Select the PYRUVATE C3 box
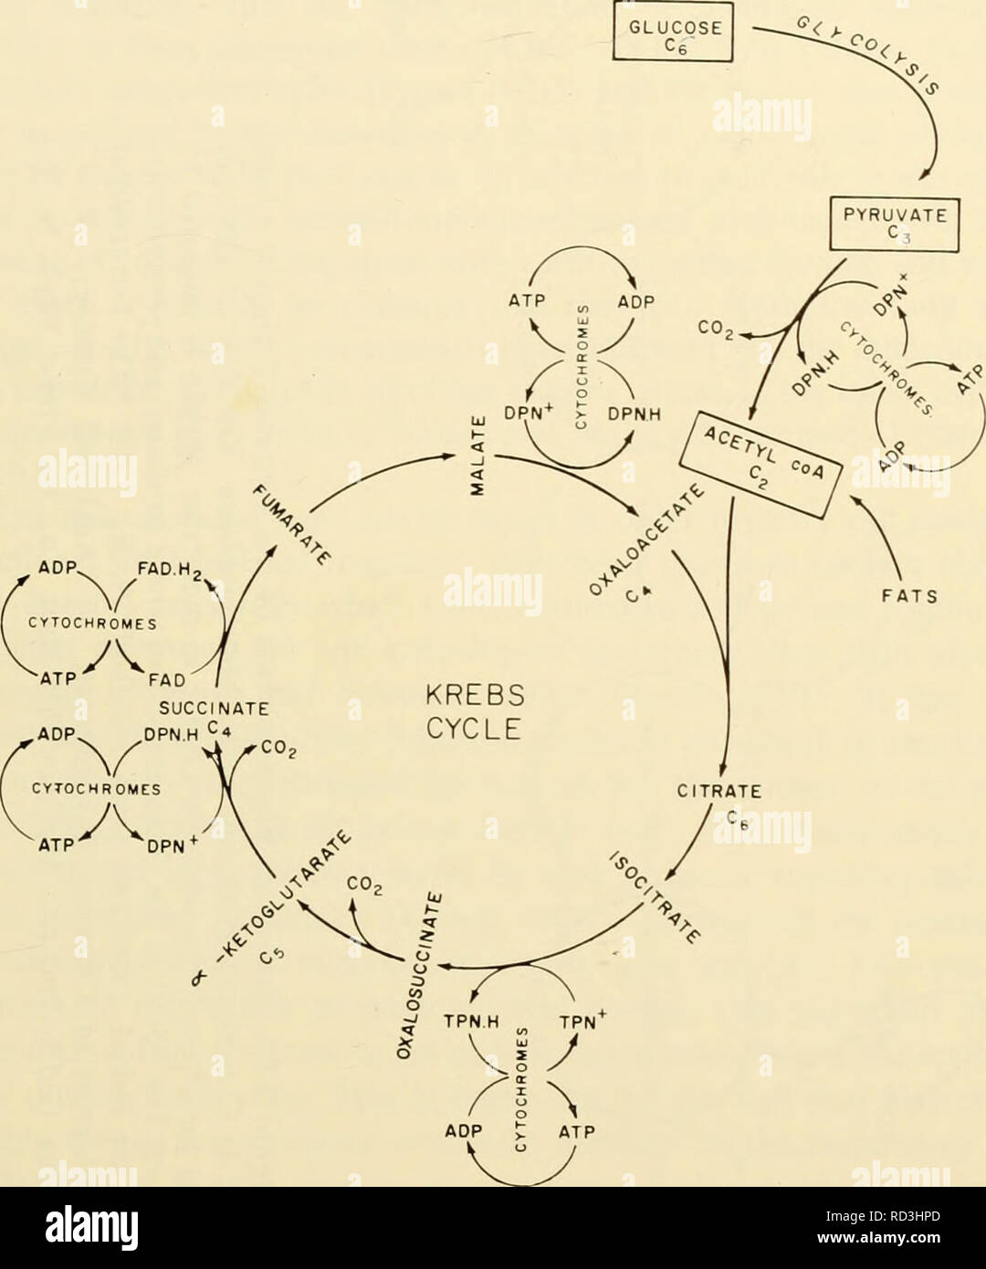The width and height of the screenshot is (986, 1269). tap(895, 225)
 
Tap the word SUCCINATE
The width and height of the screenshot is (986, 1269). tap(214, 709)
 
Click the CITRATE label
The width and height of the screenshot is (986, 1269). tap(719, 792)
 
